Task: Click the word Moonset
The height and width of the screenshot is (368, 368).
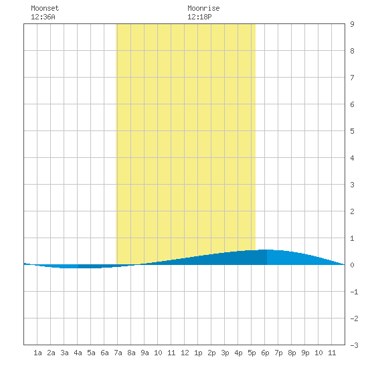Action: pyautogui.click(x=45, y=8)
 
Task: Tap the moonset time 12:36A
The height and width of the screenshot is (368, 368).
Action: pyautogui.click(x=43, y=17)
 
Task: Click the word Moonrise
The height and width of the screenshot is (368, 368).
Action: pyautogui.click(x=203, y=8)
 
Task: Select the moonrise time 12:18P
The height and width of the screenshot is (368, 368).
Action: pyautogui.click(x=199, y=17)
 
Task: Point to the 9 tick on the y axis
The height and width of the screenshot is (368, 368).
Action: pyautogui.click(x=352, y=24)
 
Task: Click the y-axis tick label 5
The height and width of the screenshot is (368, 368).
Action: pyautogui.click(x=352, y=131)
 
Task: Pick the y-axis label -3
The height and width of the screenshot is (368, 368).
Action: pyautogui.click(x=354, y=345)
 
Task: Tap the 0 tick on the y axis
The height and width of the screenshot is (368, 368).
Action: pyautogui.click(x=352, y=265)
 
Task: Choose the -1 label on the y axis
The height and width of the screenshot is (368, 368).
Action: pyautogui.click(x=354, y=292)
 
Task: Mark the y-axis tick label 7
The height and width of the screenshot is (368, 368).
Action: pyautogui.click(x=352, y=78)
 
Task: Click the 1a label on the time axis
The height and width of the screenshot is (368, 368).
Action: pyautogui.click(x=37, y=353)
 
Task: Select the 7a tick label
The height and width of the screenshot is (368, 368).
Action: pyautogui.click(x=118, y=353)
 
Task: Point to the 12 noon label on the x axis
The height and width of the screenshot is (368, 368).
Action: pyautogui.click(x=185, y=353)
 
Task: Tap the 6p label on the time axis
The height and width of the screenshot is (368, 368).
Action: pyautogui.click(x=265, y=353)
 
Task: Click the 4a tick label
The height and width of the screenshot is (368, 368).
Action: pyautogui.click(x=78, y=353)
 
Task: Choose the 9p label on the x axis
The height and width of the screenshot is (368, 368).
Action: pyautogui.click(x=305, y=353)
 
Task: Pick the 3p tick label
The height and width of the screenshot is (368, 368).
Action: pyautogui.click(x=225, y=353)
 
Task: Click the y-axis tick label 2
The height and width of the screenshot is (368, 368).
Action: pyautogui.click(x=352, y=211)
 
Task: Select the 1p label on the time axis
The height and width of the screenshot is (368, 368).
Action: pyautogui.click(x=198, y=353)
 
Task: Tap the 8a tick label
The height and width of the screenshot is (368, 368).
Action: pyautogui.click(x=131, y=353)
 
